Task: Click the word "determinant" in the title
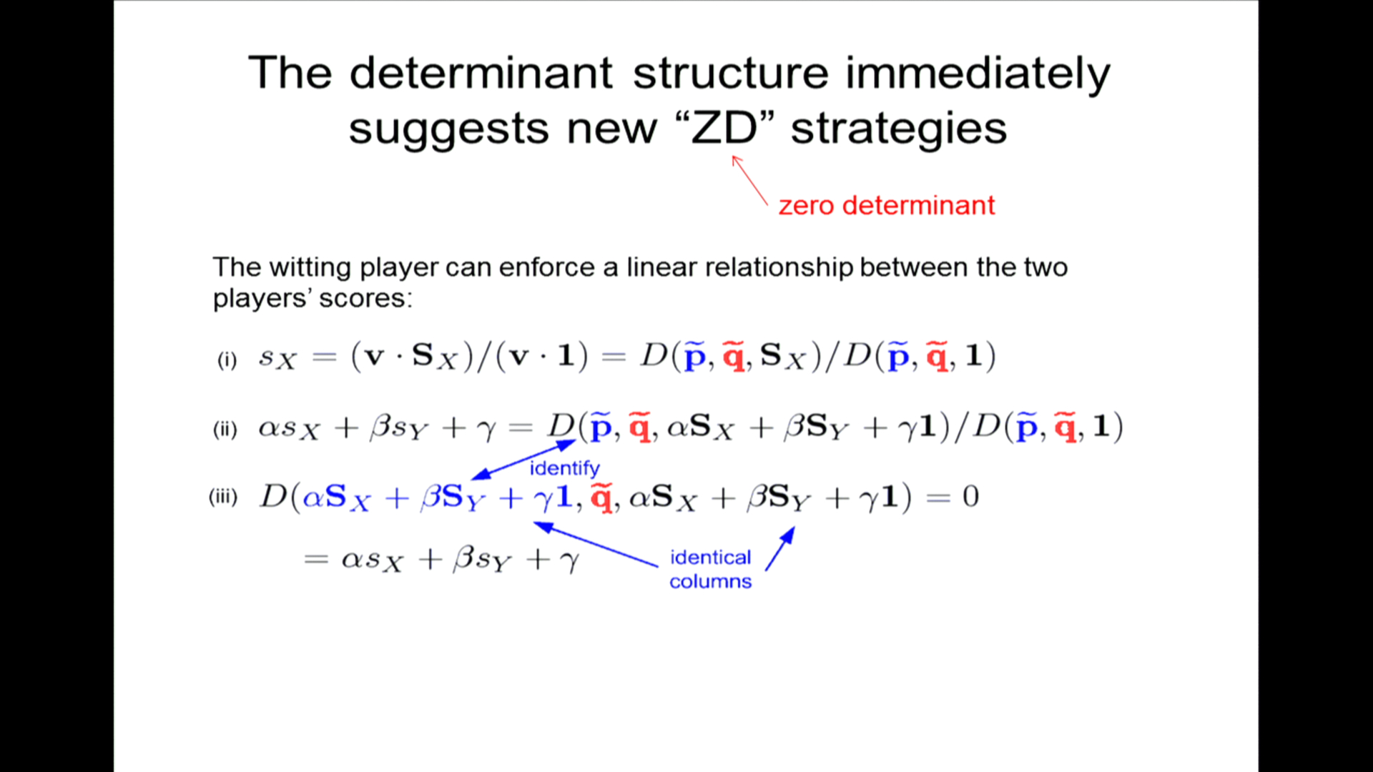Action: tap(481, 73)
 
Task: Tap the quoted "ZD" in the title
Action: tap(724, 129)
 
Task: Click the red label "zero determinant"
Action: tap(886, 205)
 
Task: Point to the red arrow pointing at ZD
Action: tap(749, 181)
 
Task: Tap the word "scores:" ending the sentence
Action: tap(366, 298)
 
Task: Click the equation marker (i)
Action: tap(227, 359)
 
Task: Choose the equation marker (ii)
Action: tap(225, 429)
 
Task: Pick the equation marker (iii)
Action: tap(223, 497)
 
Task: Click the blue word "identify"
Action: tap(564, 468)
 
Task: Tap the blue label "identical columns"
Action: tap(710, 569)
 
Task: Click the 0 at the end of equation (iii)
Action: tap(970, 496)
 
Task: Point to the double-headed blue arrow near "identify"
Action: tap(523, 460)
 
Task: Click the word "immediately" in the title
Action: tap(978, 74)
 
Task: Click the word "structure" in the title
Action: tap(731, 73)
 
